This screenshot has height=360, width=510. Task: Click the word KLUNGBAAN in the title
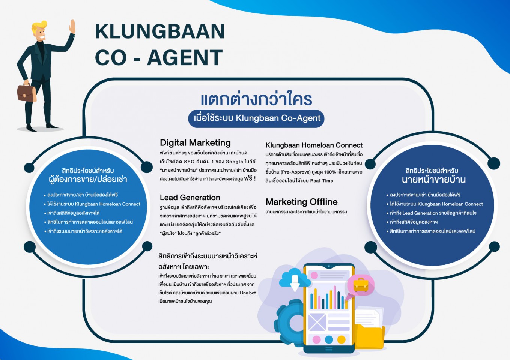[x=160, y=31]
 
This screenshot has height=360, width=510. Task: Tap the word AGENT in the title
[x=185, y=57]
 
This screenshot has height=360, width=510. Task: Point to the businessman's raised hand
[x=72, y=27]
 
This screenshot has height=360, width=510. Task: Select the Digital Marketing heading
[x=195, y=143]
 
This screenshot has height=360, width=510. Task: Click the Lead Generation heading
[x=190, y=198]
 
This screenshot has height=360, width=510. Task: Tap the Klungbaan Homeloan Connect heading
[x=314, y=145]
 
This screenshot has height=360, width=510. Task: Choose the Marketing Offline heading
[x=301, y=202]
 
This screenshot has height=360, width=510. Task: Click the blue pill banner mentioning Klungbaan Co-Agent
[x=256, y=118]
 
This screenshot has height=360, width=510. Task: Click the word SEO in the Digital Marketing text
[x=189, y=162]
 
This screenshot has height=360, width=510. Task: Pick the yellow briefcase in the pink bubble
[x=361, y=285]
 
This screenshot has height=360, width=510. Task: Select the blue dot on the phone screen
[x=329, y=339]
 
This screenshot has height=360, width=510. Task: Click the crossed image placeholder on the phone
[x=317, y=322]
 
